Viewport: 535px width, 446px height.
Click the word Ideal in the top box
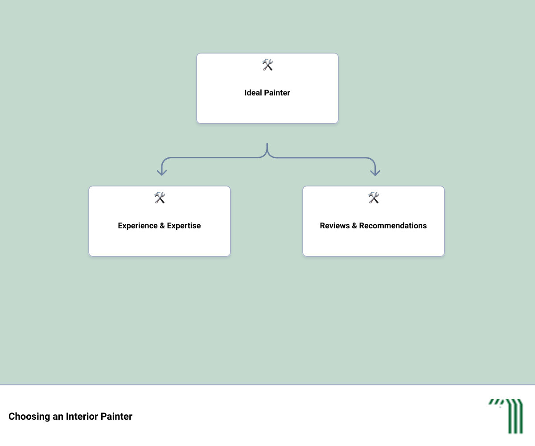pos(253,92)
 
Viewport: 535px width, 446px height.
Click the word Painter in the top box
pos(277,92)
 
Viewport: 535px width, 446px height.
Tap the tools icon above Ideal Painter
pos(267,65)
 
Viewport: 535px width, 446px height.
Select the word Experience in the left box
pos(138,226)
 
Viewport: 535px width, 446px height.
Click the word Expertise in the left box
pos(184,226)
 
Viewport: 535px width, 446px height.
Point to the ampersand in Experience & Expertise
pos(162,226)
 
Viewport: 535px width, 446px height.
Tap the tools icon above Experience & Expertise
pos(159,198)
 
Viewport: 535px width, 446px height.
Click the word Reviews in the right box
pos(335,226)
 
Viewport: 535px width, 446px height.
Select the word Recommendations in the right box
pos(393,226)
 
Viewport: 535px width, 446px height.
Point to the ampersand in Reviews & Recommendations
pos(354,226)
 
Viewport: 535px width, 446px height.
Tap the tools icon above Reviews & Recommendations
pos(374,198)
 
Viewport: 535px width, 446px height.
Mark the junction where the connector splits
pos(267,154)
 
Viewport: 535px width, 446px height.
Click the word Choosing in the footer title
pos(29,417)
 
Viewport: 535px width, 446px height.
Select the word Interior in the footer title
pos(82,416)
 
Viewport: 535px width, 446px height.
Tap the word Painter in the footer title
pos(116,416)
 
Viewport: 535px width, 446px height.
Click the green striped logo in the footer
pos(506,416)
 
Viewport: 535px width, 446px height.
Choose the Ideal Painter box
pos(267,88)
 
